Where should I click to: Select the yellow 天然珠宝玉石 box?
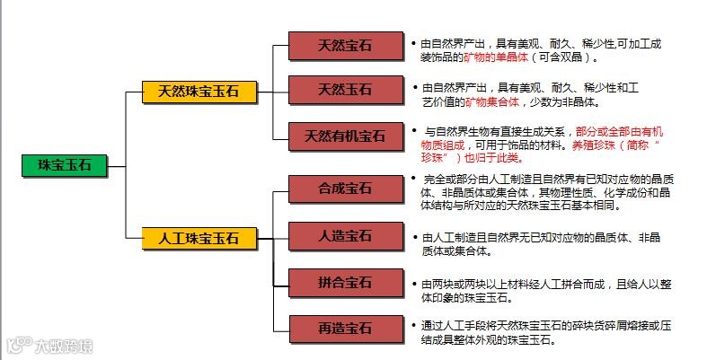pyautogui.click(x=199, y=92)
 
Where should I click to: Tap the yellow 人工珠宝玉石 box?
pyautogui.click(x=199, y=238)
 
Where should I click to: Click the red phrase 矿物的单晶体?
pyautogui.click(x=498, y=57)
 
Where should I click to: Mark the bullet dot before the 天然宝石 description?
pyautogui.click(x=413, y=43)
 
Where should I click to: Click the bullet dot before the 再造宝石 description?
pyautogui.click(x=413, y=325)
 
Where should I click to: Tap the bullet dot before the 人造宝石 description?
pyautogui.click(x=413, y=238)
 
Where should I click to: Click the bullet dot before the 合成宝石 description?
pyautogui.click(x=413, y=179)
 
